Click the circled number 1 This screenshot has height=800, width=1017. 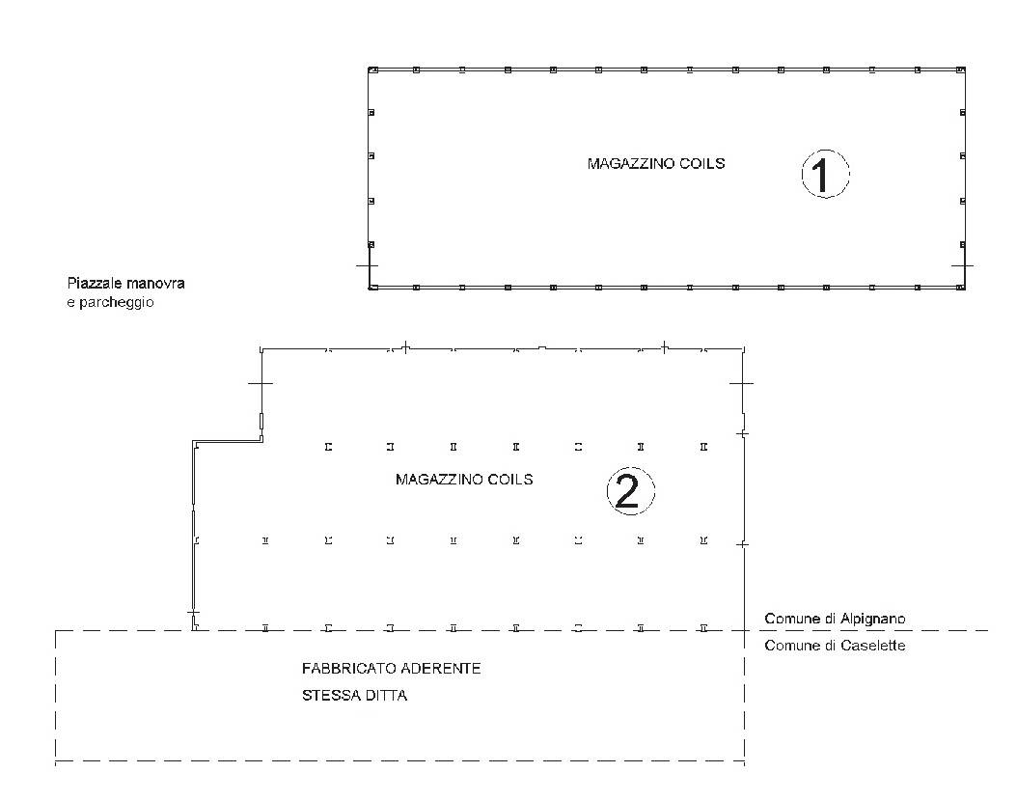point(825,174)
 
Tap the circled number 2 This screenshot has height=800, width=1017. point(630,491)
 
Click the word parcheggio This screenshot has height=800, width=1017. point(116,302)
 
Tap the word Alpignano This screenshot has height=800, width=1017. point(872,619)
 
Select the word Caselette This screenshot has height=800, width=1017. point(872,646)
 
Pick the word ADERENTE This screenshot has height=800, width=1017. point(440,669)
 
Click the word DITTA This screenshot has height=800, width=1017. point(386,696)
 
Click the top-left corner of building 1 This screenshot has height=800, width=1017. point(369,69)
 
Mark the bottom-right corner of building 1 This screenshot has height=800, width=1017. point(965,289)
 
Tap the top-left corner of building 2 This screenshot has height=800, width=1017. point(261,349)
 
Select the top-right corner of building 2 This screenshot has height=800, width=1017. point(744,349)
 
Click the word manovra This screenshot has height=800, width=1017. point(155,284)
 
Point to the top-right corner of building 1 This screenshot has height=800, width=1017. point(965,69)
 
